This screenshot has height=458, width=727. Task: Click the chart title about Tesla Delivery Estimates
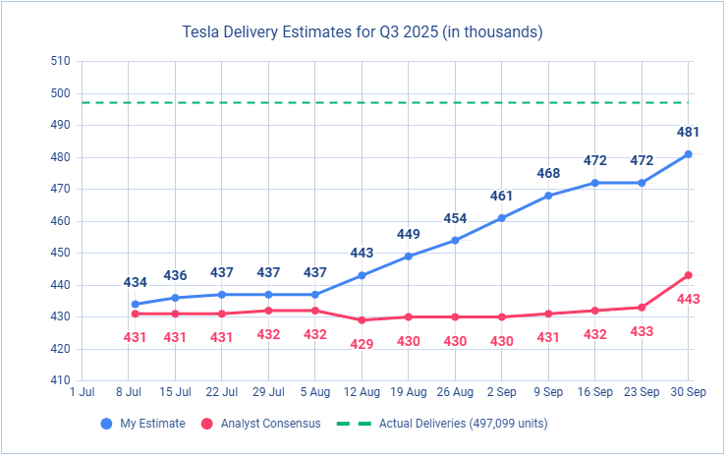point(363,32)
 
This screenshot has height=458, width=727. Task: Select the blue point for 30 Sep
point(689,154)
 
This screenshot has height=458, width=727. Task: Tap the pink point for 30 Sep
point(689,275)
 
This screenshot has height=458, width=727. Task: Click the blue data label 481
point(689,132)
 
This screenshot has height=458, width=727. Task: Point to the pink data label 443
point(688,298)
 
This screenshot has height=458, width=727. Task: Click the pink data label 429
point(362,344)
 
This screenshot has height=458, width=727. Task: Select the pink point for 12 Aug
point(362,320)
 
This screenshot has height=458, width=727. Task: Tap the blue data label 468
point(548,173)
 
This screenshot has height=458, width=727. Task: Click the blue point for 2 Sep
point(501,218)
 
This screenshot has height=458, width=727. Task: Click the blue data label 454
point(455,218)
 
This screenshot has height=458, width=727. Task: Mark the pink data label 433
point(642,331)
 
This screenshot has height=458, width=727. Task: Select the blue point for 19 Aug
point(408,257)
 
